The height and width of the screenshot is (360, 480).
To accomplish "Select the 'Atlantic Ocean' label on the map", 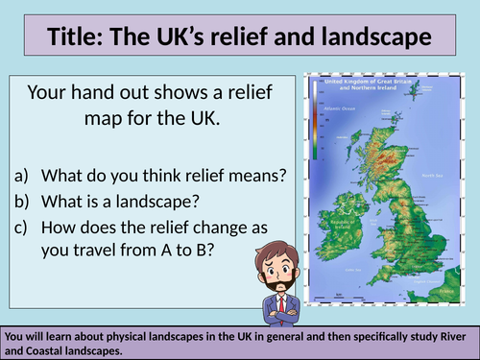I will coord(340,109).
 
